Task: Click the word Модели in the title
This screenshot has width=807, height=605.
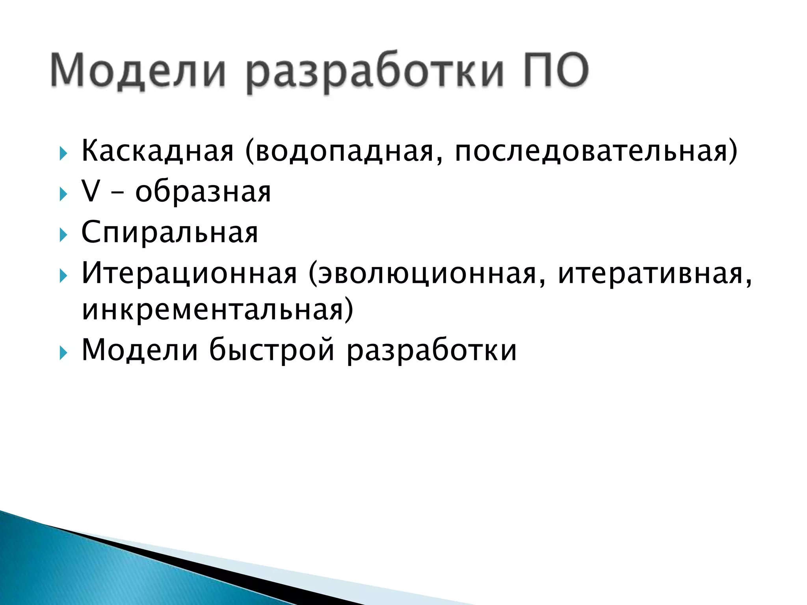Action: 138,70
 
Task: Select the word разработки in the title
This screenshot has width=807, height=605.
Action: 374,71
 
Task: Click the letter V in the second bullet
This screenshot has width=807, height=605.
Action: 90,192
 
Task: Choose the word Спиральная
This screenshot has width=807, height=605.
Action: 169,233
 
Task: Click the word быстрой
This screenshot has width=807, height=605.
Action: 272,350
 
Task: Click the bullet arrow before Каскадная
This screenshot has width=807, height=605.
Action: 63,154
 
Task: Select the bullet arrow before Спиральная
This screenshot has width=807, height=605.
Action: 63,235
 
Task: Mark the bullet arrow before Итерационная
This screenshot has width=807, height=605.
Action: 63,276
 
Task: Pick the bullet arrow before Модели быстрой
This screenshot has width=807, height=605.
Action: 63,353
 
